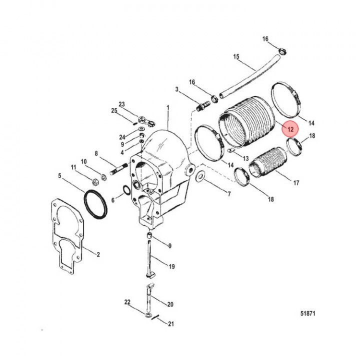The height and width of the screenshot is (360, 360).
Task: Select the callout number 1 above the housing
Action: click(x=168, y=107)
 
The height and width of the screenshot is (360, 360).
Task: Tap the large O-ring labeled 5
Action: click(x=95, y=204)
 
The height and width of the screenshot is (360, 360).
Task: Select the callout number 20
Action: click(x=170, y=304)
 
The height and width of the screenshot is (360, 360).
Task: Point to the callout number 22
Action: click(x=127, y=302)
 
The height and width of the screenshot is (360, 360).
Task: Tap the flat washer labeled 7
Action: click(x=200, y=176)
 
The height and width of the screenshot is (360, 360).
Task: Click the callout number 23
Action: click(x=121, y=104)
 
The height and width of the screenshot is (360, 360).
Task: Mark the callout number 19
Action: click(x=171, y=266)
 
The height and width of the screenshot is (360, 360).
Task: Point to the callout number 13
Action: click(x=245, y=158)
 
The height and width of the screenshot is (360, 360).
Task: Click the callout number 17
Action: click(x=296, y=183)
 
